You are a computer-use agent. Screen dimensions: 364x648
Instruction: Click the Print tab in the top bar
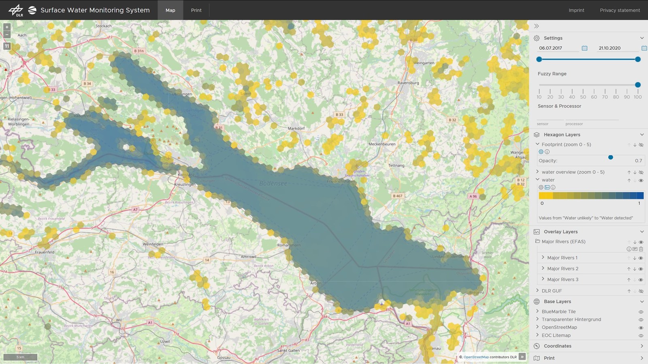tap(196, 10)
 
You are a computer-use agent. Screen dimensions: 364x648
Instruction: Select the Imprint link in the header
tap(576, 10)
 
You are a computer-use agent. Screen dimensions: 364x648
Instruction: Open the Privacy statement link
tap(620, 10)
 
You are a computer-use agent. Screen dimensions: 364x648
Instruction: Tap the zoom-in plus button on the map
tap(6, 27)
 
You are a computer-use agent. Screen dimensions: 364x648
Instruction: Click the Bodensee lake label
tap(273, 183)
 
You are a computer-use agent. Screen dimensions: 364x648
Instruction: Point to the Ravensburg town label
tap(408, 83)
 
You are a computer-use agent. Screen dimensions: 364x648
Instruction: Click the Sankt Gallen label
tap(288, 350)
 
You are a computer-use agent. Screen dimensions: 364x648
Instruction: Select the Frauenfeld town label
tap(45, 252)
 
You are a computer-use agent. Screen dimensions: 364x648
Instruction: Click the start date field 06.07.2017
tap(557, 48)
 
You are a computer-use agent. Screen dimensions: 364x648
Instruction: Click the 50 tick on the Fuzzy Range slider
tap(583, 91)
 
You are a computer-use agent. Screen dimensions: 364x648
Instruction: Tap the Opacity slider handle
tap(610, 157)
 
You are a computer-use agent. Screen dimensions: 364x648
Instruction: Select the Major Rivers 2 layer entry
tap(563, 269)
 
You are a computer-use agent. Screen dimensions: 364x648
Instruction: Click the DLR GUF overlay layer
tap(552, 291)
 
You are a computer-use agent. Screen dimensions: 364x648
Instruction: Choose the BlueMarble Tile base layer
tap(558, 311)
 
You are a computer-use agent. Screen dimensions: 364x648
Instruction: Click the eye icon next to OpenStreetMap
tap(641, 328)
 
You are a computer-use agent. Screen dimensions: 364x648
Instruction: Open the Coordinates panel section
tap(557, 346)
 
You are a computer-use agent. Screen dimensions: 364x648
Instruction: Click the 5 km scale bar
tap(20, 357)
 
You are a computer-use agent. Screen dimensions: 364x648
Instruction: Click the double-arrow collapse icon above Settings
tap(536, 26)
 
